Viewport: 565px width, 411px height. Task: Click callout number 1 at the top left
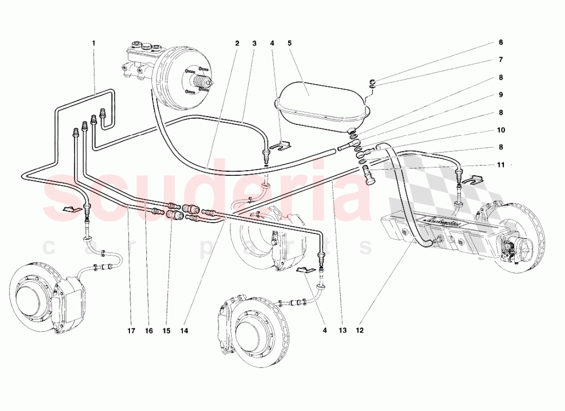pyautogui.click(x=94, y=43)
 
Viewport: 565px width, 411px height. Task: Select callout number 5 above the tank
pyautogui.click(x=289, y=43)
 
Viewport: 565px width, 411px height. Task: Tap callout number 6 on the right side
pyautogui.click(x=501, y=42)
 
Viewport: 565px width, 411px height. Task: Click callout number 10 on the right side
pyautogui.click(x=501, y=129)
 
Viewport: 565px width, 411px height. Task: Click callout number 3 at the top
pyautogui.click(x=255, y=43)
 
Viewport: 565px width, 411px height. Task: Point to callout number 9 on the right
pyautogui.click(x=501, y=95)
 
